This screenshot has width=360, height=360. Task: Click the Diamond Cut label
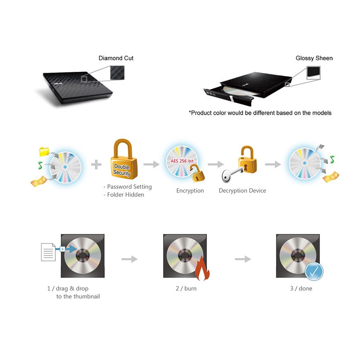(116, 58)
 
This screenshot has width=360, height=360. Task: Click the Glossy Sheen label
(314, 58)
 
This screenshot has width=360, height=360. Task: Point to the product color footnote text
(260, 113)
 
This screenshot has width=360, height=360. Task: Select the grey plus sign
(96, 164)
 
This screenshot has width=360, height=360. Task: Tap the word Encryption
(190, 191)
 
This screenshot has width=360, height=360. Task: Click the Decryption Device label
(242, 191)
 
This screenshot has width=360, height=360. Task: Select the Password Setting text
(128, 187)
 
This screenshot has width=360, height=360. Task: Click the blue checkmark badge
(314, 272)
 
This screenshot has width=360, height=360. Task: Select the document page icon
(48, 252)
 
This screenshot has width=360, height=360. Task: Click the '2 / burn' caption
(186, 288)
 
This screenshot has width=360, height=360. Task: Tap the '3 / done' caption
(301, 288)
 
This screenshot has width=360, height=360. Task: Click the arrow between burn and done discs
(243, 260)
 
